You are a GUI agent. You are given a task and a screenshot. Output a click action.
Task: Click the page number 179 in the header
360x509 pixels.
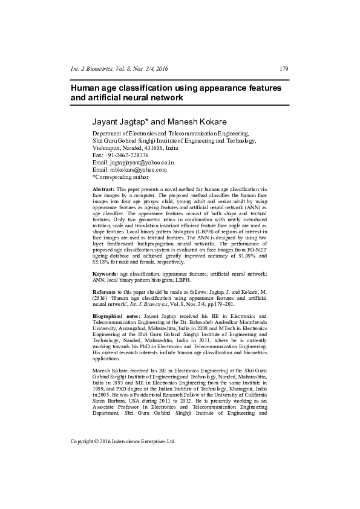[x=284, y=68]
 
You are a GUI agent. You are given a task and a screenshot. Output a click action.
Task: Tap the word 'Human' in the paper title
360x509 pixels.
[x=85, y=88]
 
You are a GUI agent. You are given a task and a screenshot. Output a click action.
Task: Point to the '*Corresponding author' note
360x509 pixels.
[x=120, y=177]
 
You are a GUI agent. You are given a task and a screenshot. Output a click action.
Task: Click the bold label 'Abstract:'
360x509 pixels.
[x=103, y=190]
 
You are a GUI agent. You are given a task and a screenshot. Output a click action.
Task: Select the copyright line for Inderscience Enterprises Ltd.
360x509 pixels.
[x=123, y=441]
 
